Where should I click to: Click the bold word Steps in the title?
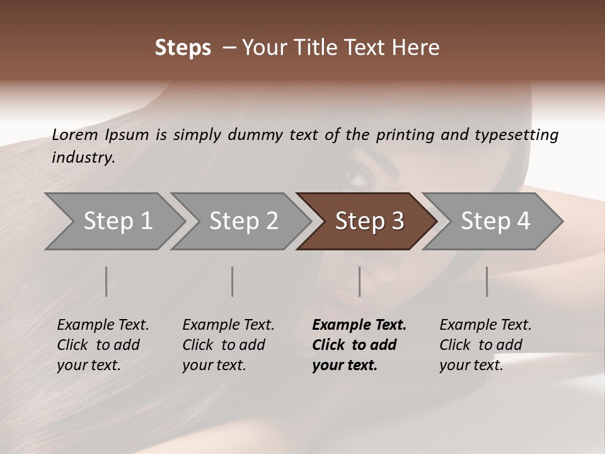point(183,48)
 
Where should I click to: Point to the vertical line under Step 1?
point(106,281)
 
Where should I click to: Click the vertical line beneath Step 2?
point(232,281)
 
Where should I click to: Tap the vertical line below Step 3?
point(359,281)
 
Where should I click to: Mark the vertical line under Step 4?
point(487,281)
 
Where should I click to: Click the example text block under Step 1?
point(103,345)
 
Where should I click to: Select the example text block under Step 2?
point(228,345)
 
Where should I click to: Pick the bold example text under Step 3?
point(359,345)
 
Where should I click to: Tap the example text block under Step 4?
point(485,345)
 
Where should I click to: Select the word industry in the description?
point(83,158)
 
